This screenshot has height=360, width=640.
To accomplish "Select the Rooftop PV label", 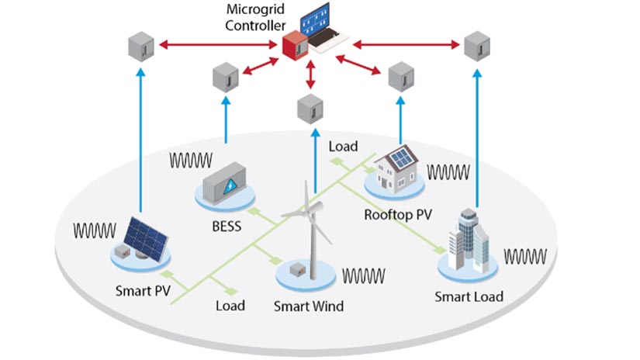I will [398, 214].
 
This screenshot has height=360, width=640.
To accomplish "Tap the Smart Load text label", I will [469, 296].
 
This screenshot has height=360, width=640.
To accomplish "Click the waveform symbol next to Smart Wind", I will [364, 275].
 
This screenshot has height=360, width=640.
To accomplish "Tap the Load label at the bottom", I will [230, 305].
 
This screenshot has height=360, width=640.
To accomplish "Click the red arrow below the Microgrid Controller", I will [310, 74].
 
